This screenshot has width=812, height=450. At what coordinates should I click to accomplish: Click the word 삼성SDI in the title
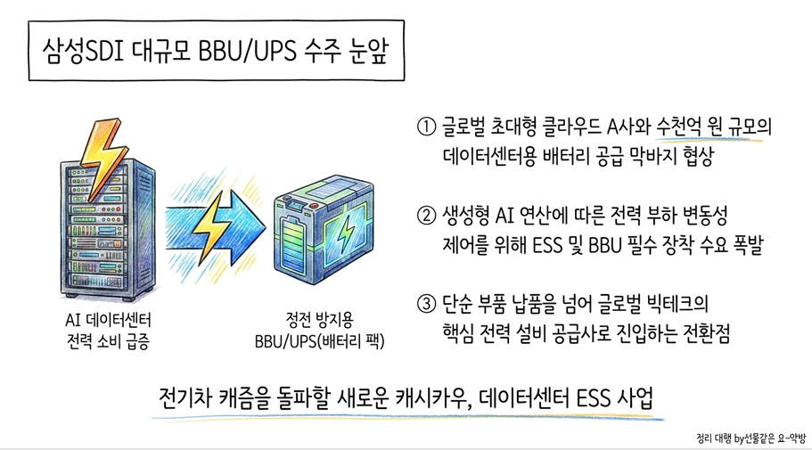click(x=82, y=51)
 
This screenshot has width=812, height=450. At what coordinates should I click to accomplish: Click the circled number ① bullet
click(x=426, y=127)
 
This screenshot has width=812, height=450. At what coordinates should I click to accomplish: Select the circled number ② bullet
click(x=426, y=216)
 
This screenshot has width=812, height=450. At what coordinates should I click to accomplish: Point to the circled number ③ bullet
click(x=426, y=304)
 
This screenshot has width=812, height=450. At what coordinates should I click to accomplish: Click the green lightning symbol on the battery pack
click(x=344, y=234)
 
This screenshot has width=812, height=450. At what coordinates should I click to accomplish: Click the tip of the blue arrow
click(x=266, y=227)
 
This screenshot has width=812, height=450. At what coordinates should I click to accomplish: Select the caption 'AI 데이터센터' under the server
click(x=108, y=320)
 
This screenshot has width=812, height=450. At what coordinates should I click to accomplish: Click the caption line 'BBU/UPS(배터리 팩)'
click(x=319, y=342)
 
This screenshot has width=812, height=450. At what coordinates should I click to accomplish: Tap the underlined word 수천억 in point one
click(x=681, y=127)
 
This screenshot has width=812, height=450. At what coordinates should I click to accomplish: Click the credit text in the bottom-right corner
click(x=750, y=438)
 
